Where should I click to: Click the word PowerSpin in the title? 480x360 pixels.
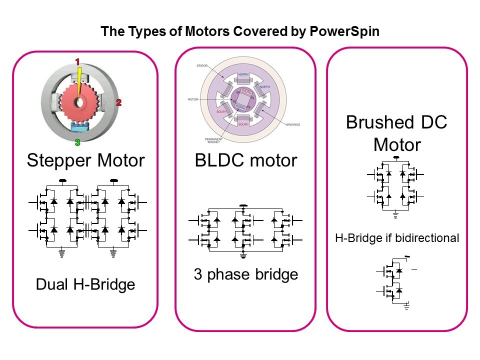(x=347, y=31)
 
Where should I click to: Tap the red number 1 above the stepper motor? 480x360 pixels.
(x=77, y=62)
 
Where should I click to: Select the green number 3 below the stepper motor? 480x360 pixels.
(x=77, y=142)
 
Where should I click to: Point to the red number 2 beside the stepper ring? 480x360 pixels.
(x=119, y=102)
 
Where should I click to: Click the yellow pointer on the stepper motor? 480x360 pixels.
(x=79, y=80)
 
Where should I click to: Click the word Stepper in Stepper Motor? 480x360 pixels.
(x=56, y=161)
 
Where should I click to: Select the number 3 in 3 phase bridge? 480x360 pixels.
(x=197, y=274)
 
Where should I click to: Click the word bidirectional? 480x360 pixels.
(x=429, y=238)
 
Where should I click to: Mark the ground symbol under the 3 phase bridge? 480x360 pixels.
(x=243, y=255)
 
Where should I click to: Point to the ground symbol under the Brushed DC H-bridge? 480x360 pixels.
(x=395, y=215)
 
